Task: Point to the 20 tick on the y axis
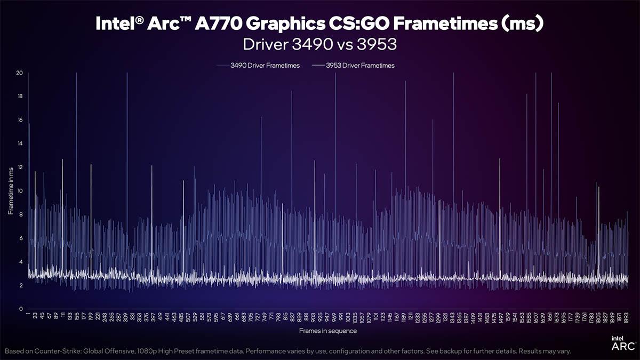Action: click(19, 73)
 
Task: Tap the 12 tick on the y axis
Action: click(19, 167)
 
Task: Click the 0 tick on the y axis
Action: click(20, 309)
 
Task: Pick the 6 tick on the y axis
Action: click(20, 238)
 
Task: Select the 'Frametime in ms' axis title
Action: click(11, 190)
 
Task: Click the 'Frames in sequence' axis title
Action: click(328, 331)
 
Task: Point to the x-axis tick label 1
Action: click(28, 315)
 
